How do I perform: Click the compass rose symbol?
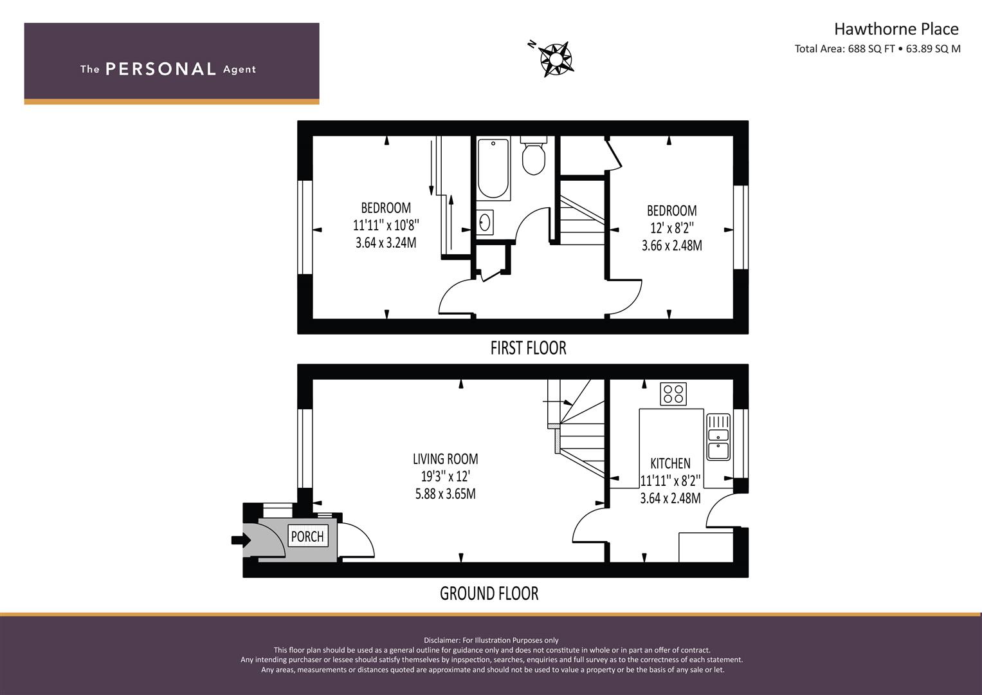[555, 59]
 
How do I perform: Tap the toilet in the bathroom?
[534, 155]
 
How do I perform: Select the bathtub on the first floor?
[493, 169]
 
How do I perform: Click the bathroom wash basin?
[485, 223]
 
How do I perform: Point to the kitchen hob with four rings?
[673, 394]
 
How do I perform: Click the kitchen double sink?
[718, 437]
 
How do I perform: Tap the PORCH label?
[307, 536]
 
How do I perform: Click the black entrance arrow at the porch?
[241, 540]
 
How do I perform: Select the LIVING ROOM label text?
[446, 459]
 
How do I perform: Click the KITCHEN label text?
[670, 463]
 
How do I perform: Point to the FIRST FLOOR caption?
[528, 348]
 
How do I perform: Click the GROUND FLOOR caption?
[489, 593]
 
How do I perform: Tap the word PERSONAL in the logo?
[161, 69]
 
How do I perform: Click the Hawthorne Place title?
[896, 29]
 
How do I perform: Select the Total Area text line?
[878, 49]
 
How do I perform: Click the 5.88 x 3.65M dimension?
[446, 494]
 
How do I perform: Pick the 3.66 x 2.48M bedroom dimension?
[671, 246]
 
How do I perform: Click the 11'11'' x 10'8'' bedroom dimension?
[386, 225]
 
